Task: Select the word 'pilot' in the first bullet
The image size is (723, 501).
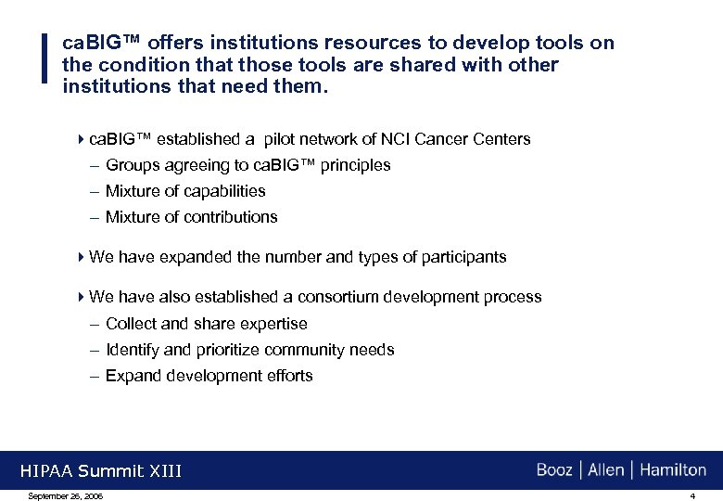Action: [283, 139]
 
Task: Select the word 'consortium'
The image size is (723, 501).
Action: [335, 297]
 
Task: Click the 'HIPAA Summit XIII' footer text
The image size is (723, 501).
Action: [101, 471]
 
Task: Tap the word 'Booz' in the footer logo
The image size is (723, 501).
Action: [554, 470]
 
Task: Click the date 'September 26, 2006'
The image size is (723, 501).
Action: [66, 496]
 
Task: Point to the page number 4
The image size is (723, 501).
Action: [691, 496]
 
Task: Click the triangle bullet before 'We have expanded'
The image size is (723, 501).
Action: [82, 257]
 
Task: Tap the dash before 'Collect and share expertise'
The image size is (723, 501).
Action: [95, 324]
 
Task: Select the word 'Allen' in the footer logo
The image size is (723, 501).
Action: [606, 470]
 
